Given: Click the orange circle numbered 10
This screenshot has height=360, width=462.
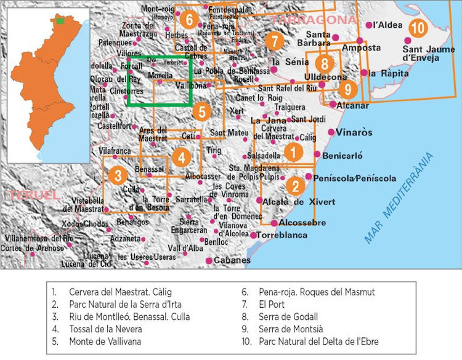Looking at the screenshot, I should coord(418,28).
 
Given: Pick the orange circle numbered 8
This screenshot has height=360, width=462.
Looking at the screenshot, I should coord(325,63).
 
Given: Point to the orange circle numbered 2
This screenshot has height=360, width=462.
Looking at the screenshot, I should coord(296,185).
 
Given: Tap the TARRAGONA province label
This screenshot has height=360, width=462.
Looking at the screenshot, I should coord(314,20).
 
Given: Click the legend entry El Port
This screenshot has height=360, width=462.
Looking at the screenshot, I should coord(269,305).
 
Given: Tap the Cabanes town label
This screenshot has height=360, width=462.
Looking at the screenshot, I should coord(232,260).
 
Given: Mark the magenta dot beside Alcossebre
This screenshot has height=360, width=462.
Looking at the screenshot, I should coord(274,223).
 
